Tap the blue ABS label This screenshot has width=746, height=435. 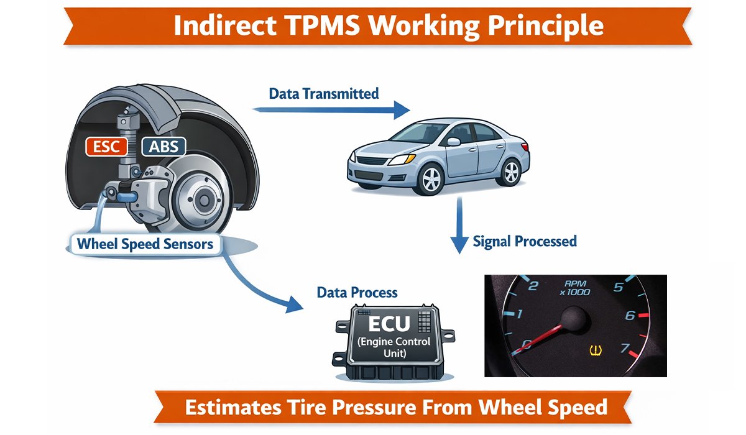click(163, 147)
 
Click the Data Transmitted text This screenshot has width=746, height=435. click(323, 94)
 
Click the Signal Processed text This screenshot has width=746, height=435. click(525, 241)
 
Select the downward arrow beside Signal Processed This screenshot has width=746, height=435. click(459, 226)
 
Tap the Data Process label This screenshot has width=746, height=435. click(357, 292)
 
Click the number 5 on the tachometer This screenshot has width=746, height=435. click(619, 287)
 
